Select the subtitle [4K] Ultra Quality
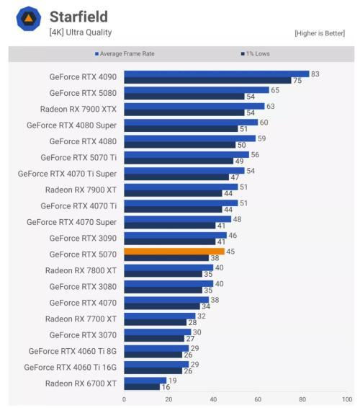click(81, 32)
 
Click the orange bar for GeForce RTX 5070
click(174, 252)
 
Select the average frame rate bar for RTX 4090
click(216, 74)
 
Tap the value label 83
click(315, 74)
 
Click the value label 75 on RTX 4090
click(297, 81)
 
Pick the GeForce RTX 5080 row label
click(84, 93)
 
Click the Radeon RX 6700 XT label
click(81, 383)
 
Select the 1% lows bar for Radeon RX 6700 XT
click(141, 386)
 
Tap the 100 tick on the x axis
click(346, 399)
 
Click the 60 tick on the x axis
click(257, 399)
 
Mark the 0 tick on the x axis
click(124, 399)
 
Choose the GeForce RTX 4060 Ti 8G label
click(73, 351)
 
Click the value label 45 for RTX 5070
click(230, 252)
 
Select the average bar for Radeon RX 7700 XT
click(159, 316)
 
